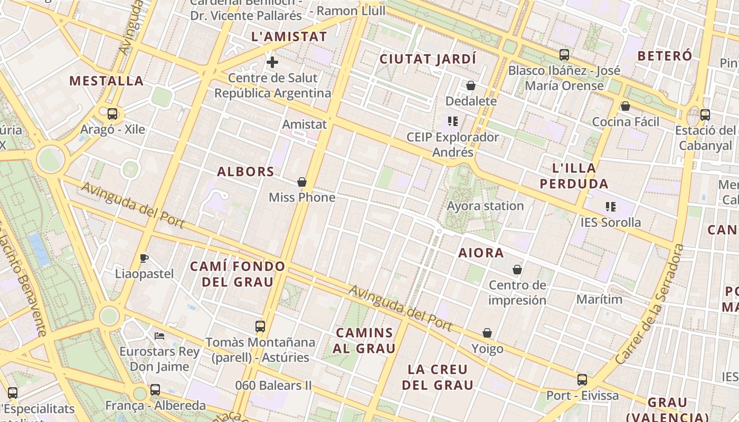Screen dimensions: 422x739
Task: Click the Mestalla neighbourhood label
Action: [106, 81]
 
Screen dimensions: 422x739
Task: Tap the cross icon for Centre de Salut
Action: [272, 62]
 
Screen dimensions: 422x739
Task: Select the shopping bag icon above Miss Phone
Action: [302, 182]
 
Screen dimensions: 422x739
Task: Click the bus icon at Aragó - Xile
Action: [112, 113]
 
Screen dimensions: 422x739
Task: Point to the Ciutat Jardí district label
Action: [428, 59]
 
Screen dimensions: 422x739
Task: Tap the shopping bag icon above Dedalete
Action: [471, 85]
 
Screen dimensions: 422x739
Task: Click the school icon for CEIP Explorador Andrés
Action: [452, 121]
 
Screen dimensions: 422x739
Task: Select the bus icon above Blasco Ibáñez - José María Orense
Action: [564, 54]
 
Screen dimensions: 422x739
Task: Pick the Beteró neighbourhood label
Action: [665, 55]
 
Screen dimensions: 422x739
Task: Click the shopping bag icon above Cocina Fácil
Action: [626, 106]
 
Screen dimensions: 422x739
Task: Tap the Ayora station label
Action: [485, 206]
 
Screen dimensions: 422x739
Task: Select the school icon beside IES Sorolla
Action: [611, 206]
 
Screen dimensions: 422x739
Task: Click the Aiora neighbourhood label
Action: [481, 253]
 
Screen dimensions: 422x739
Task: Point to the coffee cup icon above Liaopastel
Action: [144, 258]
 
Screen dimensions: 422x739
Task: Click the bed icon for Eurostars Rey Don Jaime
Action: [159, 335]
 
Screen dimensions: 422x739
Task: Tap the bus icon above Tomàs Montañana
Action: [260, 326]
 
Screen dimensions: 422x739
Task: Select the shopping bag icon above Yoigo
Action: [487, 333]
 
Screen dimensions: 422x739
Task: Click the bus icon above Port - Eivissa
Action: [582, 379]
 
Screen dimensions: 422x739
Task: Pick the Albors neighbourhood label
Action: [245, 171]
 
